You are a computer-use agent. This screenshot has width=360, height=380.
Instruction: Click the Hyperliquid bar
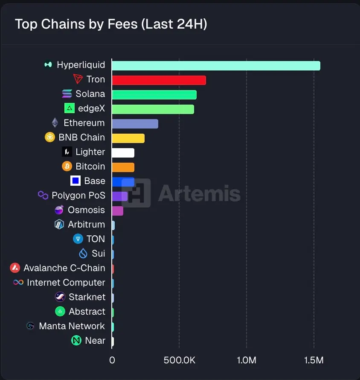pos(216,65)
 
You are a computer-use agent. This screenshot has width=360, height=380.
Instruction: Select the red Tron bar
pos(159,80)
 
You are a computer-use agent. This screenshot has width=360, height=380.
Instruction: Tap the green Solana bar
pos(154,94)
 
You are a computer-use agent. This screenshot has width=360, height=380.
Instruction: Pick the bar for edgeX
pos(153,109)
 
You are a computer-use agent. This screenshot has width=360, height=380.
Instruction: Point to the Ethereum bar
pos(135,123)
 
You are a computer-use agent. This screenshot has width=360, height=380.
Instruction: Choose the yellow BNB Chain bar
pos(128,138)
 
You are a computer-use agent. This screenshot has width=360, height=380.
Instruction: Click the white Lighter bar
pos(123,152)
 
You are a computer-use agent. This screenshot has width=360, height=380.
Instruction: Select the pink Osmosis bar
pos(117,210)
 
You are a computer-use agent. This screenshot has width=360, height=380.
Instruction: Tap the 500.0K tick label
pos(179,360)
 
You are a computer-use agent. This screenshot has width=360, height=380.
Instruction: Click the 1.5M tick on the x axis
pos(314,360)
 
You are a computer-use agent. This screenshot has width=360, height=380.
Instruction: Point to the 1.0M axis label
pos(246,360)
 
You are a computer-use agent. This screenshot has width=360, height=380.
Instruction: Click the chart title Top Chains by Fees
pos(111,24)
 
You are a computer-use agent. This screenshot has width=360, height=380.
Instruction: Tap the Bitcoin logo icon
pos(67,166)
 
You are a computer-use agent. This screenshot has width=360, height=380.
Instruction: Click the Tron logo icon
pos(78,79)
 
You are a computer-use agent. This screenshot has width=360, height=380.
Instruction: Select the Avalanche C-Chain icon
pos(15,268)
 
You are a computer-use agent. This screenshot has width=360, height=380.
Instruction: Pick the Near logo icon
pos(76,340)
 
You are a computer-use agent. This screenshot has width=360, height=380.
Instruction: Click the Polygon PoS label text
pos(78,195)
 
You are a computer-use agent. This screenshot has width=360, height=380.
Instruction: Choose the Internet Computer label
pos(66,282)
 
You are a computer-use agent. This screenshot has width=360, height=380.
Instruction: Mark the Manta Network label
pos(72,326)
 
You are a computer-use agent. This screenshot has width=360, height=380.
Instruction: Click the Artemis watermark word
pos(199,193)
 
